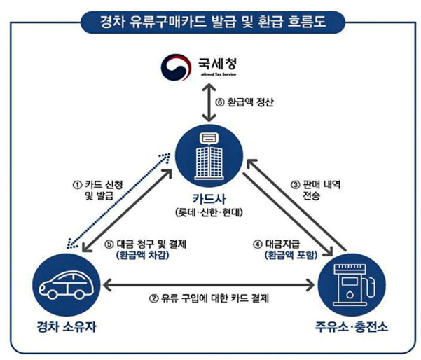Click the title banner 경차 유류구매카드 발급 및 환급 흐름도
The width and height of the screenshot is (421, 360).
click(209, 20)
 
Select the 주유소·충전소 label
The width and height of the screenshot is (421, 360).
click(352, 327)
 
